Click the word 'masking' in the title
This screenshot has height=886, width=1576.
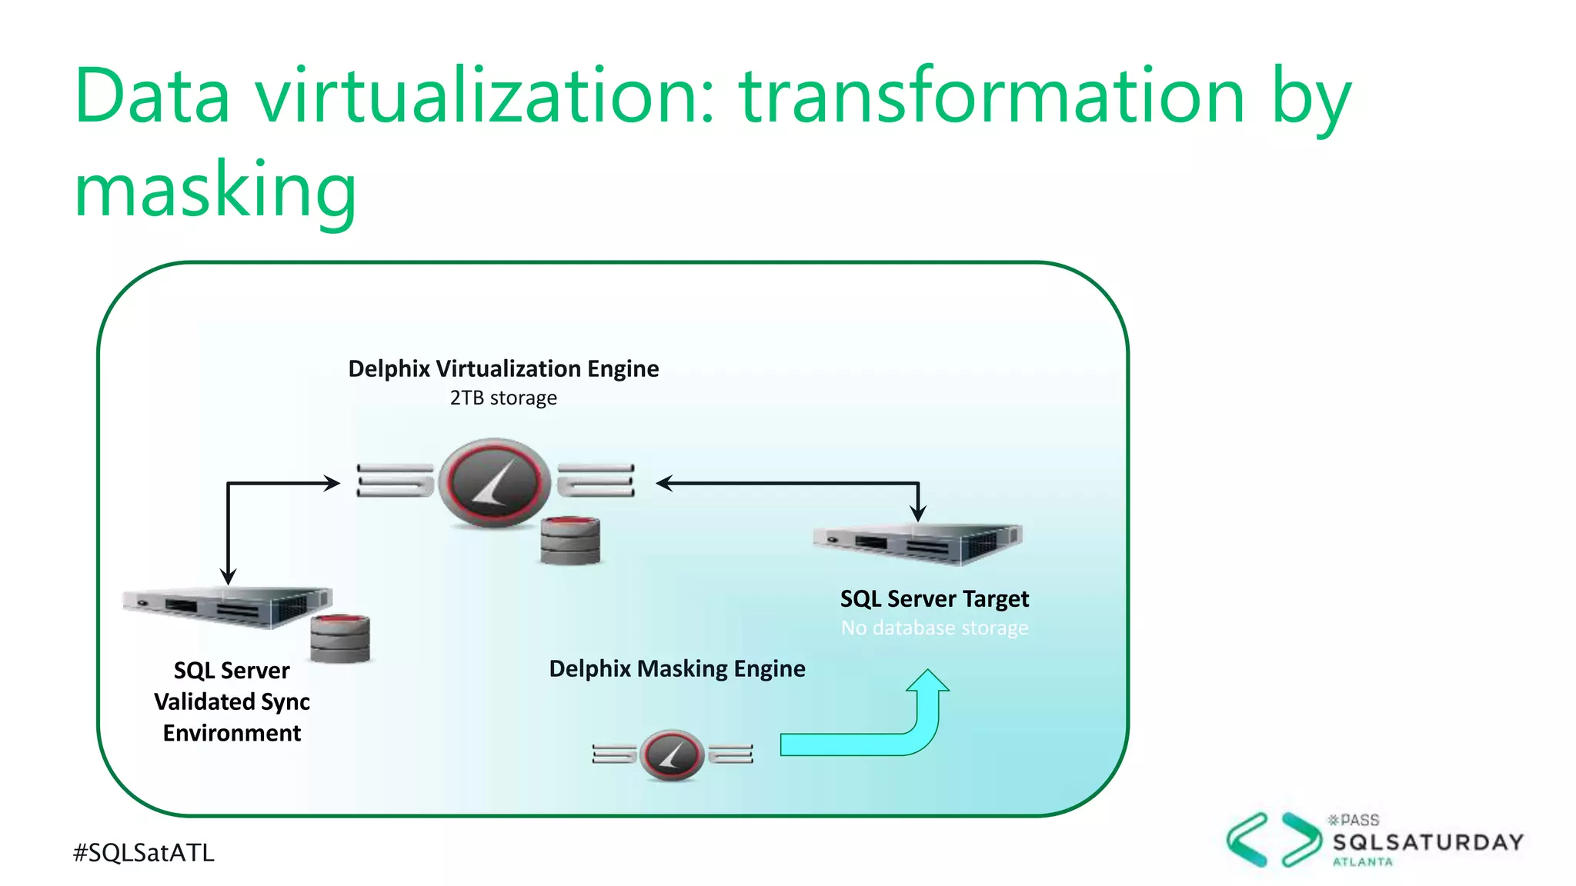pos(215,189)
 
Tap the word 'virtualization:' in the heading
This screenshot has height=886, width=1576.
pos(486,95)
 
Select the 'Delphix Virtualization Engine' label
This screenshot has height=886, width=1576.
pos(503,368)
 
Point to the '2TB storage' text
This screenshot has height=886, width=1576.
pos(503,398)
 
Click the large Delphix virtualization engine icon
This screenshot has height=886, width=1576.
pos(495,483)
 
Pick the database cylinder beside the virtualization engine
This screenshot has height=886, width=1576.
pos(569,541)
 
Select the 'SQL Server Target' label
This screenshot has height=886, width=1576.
pos(934,598)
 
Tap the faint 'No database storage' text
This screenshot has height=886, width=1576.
pos(934,628)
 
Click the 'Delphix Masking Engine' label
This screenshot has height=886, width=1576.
pos(677,668)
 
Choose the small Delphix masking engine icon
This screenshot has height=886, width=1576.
pos(672,754)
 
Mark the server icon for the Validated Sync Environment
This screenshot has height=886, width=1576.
pos(228,607)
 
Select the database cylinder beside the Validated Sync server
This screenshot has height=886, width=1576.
pos(340,638)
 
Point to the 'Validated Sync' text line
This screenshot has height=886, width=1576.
pos(232,701)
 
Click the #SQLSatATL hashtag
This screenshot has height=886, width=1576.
pos(144,852)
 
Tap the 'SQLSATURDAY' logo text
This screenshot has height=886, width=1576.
pos(1428,842)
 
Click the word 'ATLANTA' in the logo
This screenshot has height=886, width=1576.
pos(1363,862)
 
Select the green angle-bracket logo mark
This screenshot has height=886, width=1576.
pos(1274,840)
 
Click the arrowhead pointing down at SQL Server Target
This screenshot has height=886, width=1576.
pos(918,514)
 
